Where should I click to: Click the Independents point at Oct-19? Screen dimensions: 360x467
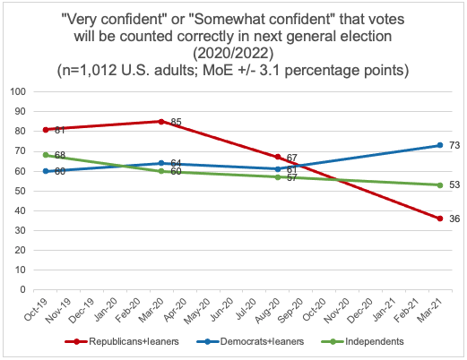(x=46, y=155)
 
